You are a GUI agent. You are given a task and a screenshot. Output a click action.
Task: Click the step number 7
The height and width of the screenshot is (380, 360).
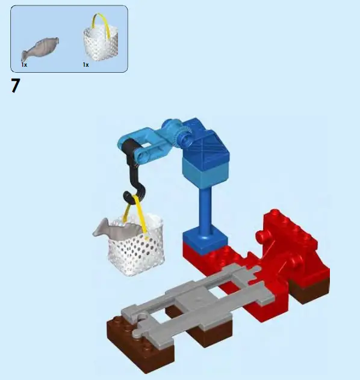[x=15, y=86]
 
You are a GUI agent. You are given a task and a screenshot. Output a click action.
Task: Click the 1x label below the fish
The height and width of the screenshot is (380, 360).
[x=24, y=64]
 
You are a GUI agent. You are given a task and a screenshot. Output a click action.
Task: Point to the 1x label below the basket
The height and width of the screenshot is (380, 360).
[x=85, y=64]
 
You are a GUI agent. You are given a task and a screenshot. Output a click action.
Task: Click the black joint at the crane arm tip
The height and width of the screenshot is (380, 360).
[x=128, y=147]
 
